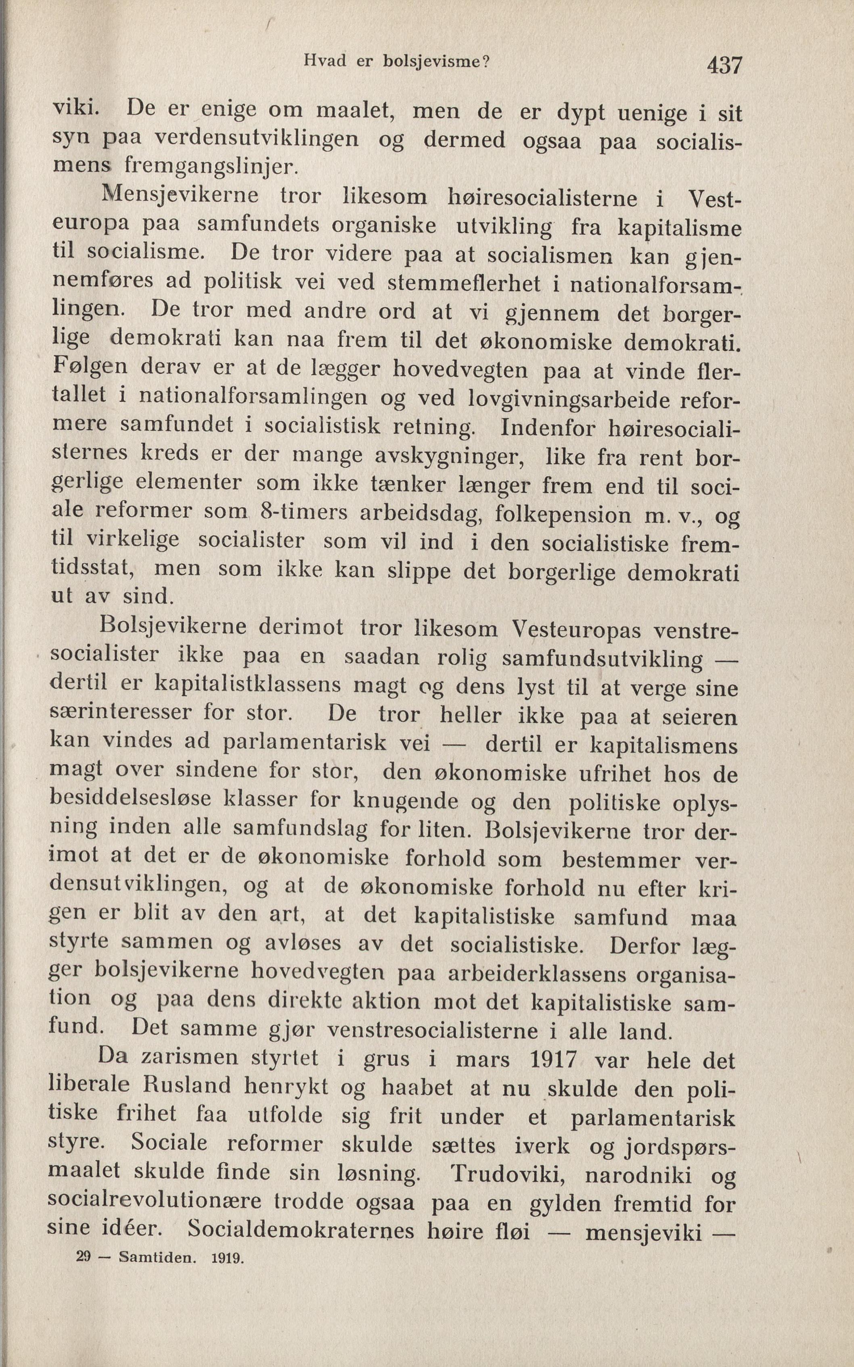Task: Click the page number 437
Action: tap(724, 65)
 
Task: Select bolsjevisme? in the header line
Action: tap(435, 61)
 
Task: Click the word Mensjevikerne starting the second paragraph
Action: tap(180, 195)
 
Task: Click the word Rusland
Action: tap(186, 1086)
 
